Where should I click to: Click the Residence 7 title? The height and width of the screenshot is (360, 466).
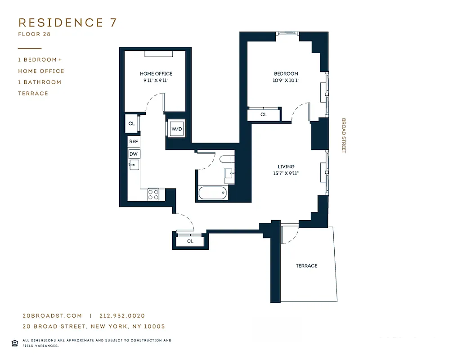(x=67, y=22)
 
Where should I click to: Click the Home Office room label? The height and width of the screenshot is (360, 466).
(x=156, y=74)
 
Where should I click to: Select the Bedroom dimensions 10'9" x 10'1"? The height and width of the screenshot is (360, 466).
(x=286, y=81)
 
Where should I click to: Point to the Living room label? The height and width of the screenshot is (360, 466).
(x=286, y=167)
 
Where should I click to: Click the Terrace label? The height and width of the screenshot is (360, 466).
(x=306, y=266)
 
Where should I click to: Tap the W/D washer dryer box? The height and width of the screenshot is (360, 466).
(x=176, y=129)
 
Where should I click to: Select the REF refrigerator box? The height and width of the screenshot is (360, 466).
(x=134, y=142)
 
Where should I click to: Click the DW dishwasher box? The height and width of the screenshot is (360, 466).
(x=134, y=154)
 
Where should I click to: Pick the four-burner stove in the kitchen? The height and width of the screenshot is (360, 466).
(x=153, y=194)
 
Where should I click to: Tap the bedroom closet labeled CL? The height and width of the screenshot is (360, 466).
(x=264, y=115)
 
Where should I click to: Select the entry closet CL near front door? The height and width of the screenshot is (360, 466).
(x=190, y=242)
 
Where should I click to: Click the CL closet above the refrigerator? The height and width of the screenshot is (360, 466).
(x=131, y=123)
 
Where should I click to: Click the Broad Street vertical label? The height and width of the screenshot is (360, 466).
(x=344, y=136)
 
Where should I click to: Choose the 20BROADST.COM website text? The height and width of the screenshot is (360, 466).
(x=52, y=316)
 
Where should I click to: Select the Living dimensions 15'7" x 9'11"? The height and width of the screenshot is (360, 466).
(x=286, y=173)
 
